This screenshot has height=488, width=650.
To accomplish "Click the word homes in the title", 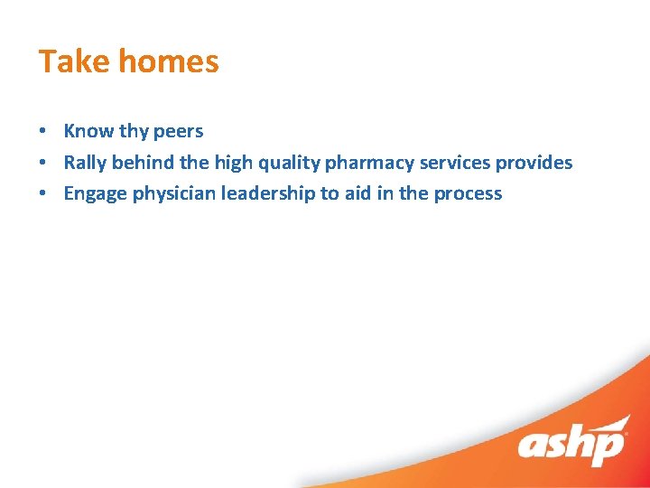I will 169,61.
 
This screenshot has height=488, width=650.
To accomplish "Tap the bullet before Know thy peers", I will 43,132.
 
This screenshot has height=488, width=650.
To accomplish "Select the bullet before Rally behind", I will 43,164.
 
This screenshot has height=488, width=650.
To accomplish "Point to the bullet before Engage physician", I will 43,194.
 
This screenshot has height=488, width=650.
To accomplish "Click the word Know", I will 88,131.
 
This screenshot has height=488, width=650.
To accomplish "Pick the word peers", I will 178,131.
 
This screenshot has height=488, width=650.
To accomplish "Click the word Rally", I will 85,163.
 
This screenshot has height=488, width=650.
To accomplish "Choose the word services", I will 455,163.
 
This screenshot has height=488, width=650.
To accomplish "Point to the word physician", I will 171,194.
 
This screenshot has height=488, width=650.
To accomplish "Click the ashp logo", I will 572,444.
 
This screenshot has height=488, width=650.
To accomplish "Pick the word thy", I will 134,132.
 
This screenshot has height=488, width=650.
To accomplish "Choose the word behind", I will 144,163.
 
